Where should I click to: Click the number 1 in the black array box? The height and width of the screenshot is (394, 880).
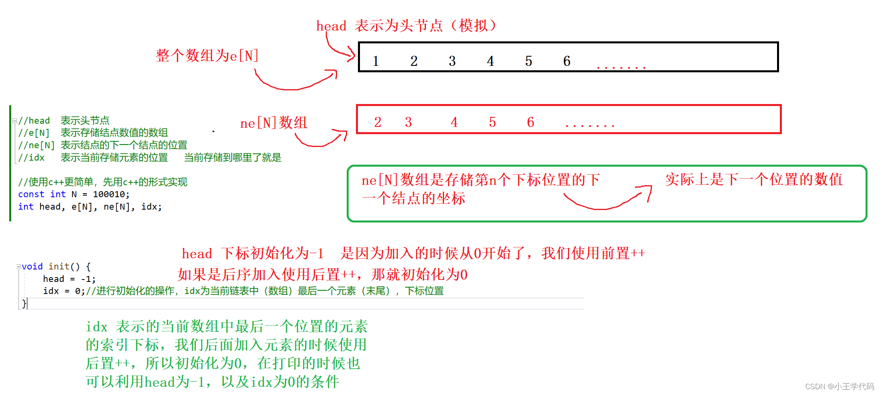(376, 61)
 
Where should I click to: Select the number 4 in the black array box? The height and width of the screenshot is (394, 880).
(490, 61)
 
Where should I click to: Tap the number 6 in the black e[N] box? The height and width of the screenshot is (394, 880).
(567, 61)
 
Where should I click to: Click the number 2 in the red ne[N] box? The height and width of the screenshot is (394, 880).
(378, 122)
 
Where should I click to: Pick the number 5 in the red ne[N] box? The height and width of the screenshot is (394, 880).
(492, 122)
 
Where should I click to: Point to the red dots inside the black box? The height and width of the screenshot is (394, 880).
(621, 67)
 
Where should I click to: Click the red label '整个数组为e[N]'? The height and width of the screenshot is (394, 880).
(207, 55)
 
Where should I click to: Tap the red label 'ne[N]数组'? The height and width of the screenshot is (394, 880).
(273, 123)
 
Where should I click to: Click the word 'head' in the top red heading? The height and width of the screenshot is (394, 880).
(331, 26)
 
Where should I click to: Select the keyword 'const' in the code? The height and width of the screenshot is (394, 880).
(31, 194)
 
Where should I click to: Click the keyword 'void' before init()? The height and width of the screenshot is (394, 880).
(32, 267)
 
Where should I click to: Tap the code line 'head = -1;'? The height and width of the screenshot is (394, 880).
(69, 279)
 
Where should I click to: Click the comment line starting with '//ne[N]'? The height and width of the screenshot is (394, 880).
(103, 145)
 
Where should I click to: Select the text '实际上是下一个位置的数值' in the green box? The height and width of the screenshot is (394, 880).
(754, 180)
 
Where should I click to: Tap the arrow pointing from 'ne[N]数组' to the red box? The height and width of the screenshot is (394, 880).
(322, 139)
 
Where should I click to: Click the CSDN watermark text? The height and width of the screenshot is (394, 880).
(839, 386)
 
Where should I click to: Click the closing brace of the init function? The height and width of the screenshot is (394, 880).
(24, 304)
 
